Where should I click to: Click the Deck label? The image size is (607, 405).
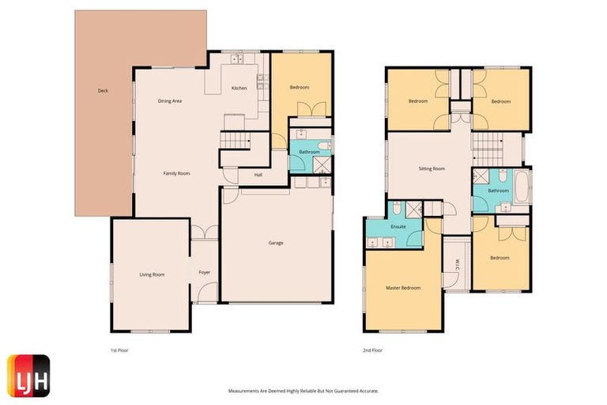[103, 91]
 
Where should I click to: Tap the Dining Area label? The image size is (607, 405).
[170, 101]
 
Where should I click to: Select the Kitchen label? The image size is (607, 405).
[239, 88]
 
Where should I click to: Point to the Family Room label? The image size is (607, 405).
[176, 173]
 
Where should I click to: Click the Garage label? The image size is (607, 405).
[275, 243]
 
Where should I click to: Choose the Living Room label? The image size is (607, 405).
[152, 274]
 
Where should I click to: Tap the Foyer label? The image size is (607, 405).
[204, 272]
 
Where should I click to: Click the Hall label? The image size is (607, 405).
[258, 176]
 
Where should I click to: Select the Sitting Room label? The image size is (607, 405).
[432, 168]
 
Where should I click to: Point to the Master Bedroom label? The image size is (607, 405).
[403, 288]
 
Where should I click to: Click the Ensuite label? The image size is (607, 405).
[398, 226]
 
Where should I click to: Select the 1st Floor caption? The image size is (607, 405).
[119, 349]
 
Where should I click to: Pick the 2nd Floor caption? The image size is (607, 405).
[371, 349]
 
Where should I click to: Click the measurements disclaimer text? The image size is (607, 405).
[303, 391]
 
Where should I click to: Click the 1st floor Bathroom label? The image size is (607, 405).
[309, 152]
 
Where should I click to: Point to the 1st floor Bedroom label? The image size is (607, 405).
[299, 87]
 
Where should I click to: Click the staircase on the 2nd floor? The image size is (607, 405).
[488, 145]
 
